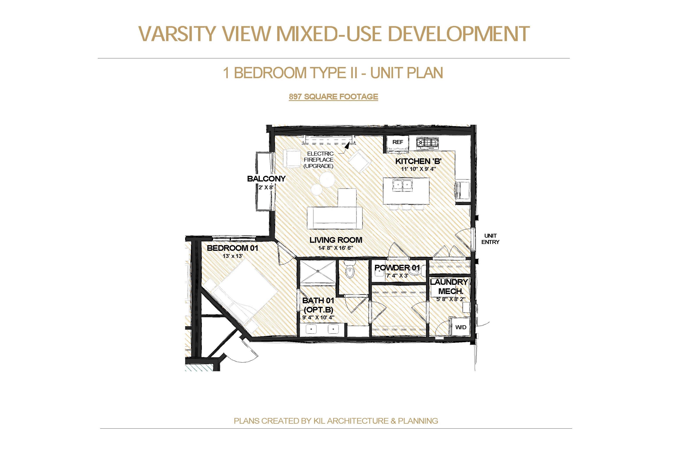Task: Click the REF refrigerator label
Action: [x=397, y=142]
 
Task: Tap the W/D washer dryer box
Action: [x=460, y=327]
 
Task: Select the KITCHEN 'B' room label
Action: [x=418, y=161]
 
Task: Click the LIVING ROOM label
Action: [x=336, y=240]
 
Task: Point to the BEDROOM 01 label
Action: [x=232, y=248]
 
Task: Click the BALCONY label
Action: [x=266, y=179]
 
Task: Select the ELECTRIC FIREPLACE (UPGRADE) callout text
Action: [x=319, y=160]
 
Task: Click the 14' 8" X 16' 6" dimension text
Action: [x=336, y=248]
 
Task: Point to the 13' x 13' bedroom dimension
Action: [x=232, y=256]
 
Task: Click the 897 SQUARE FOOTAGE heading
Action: [x=333, y=97]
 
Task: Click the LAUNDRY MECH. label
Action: [x=449, y=287]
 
